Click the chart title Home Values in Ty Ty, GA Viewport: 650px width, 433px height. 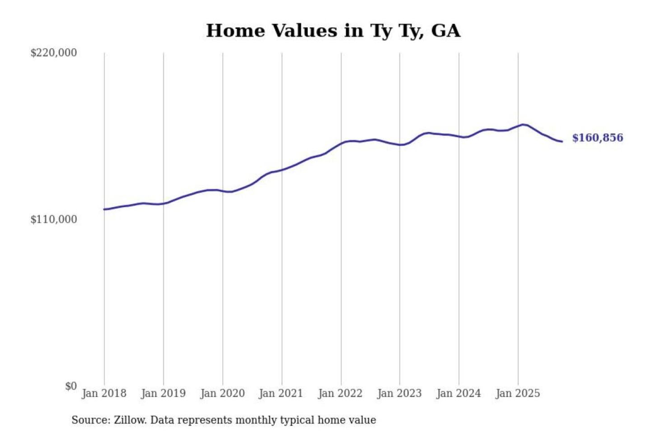[x=333, y=31]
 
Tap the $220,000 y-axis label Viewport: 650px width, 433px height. [x=54, y=53]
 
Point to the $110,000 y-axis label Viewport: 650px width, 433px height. [x=54, y=220]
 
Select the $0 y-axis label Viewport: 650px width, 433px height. [x=71, y=386]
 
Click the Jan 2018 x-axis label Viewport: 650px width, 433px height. [x=104, y=393]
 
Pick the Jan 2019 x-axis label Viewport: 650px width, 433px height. [x=163, y=393]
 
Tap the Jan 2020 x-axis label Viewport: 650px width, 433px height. [x=222, y=393]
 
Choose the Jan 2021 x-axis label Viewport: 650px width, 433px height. [x=281, y=393]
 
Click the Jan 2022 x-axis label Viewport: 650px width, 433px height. [x=340, y=393]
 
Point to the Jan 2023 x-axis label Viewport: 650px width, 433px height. [x=399, y=393]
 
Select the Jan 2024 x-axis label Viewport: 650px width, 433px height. [x=458, y=393]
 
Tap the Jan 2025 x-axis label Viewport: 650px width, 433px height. [x=517, y=393]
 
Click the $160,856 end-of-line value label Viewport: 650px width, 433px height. [x=597, y=138]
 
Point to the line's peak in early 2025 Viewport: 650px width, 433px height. [x=523, y=124]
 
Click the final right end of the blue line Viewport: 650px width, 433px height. [x=562, y=142]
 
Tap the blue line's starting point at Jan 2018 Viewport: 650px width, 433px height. [x=104, y=209]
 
